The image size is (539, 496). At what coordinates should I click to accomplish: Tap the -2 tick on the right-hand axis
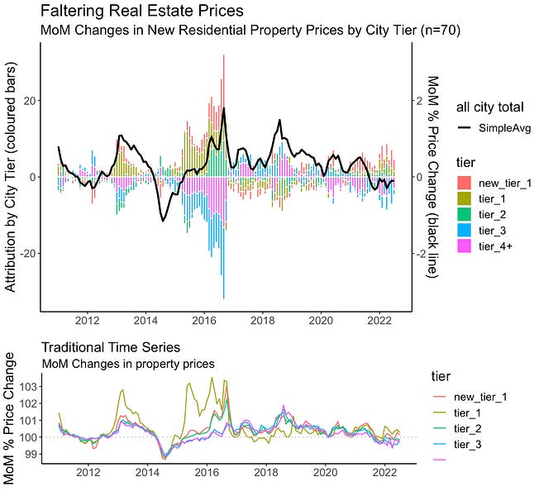pos(421,254)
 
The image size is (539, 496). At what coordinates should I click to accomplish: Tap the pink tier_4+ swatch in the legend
pos(465,246)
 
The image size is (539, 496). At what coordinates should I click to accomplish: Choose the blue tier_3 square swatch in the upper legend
pos(465,230)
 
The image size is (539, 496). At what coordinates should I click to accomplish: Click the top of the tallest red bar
pos(223,55)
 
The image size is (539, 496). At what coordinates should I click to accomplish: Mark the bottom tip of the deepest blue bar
pos(223,298)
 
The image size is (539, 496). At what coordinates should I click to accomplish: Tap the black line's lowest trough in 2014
pos(163,221)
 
